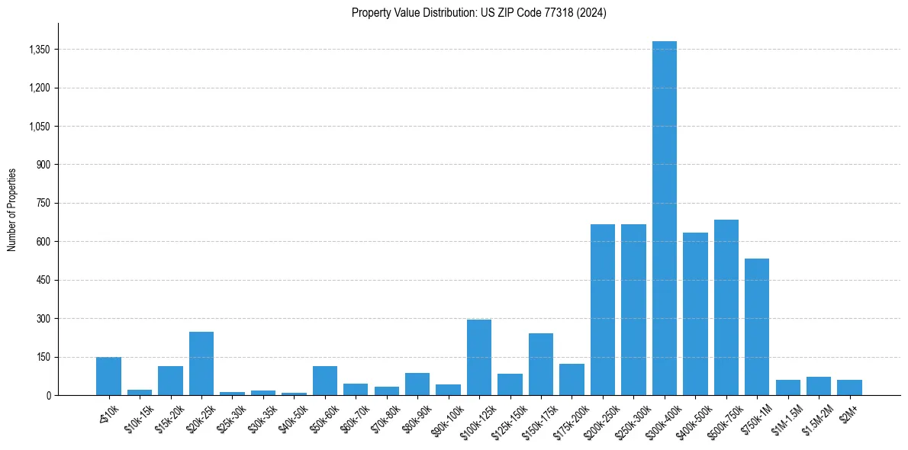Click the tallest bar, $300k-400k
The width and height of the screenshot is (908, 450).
tap(664, 218)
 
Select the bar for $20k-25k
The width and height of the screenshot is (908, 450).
tap(201, 364)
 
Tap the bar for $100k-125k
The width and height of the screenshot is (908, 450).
tap(479, 358)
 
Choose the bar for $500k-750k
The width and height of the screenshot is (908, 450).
tap(726, 307)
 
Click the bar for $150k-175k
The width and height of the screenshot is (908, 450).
tap(541, 365)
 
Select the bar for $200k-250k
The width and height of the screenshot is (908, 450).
tap(603, 310)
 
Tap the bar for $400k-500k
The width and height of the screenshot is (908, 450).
tap(695, 314)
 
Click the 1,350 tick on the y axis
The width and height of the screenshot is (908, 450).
tap(39, 50)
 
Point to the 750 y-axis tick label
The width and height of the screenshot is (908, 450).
tap(43, 204)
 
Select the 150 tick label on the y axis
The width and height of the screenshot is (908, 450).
tap(43, 357)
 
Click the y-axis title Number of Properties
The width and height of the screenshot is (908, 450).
tap(12, 209)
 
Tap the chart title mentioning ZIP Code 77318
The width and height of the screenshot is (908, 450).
tap(479, 13)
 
